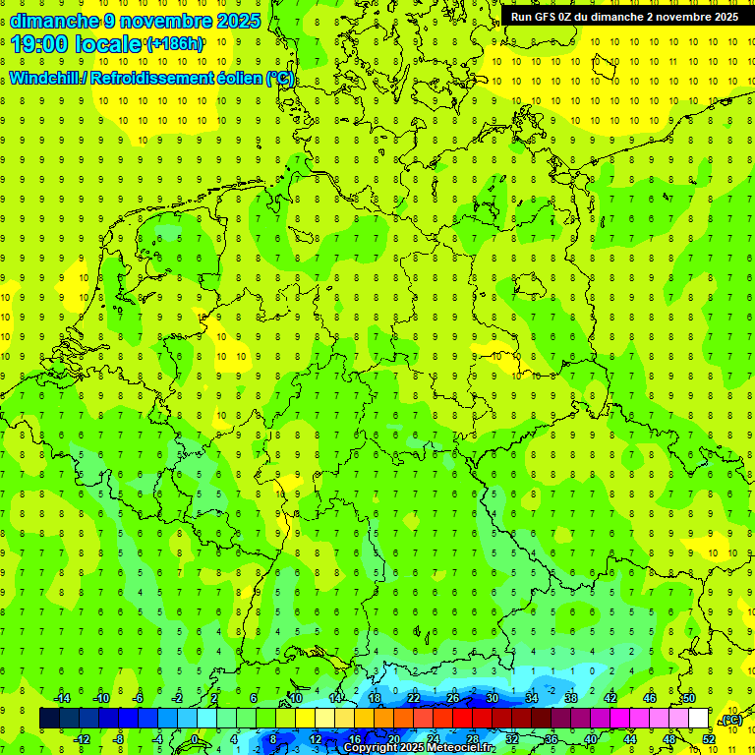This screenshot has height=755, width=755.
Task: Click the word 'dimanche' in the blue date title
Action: [x=55, y=20]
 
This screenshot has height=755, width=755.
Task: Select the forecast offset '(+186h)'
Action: [x=175, y=44]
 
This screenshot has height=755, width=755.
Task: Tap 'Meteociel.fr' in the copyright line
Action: [x=459, y=747]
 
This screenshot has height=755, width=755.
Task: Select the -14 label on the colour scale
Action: [x=62, y=698]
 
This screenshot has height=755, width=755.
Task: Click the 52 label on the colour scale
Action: [x=708, y=739]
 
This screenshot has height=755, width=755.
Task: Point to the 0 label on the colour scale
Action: [x=195, y=739]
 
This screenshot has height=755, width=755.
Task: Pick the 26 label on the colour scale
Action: [x=453, y=698]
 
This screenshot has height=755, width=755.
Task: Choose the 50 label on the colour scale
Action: [x=689, y=698]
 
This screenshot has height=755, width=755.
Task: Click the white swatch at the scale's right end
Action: [x=698, y=719]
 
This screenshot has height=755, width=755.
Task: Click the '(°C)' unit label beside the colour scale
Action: [x=731, y=721]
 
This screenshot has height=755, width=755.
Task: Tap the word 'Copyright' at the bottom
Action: [x=370, y=747]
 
